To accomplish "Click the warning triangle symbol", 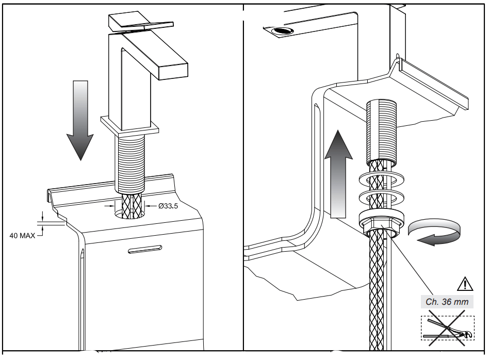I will pos(465,283).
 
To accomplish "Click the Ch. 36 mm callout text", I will pos(447,302).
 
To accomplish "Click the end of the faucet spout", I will pos(173,70).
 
